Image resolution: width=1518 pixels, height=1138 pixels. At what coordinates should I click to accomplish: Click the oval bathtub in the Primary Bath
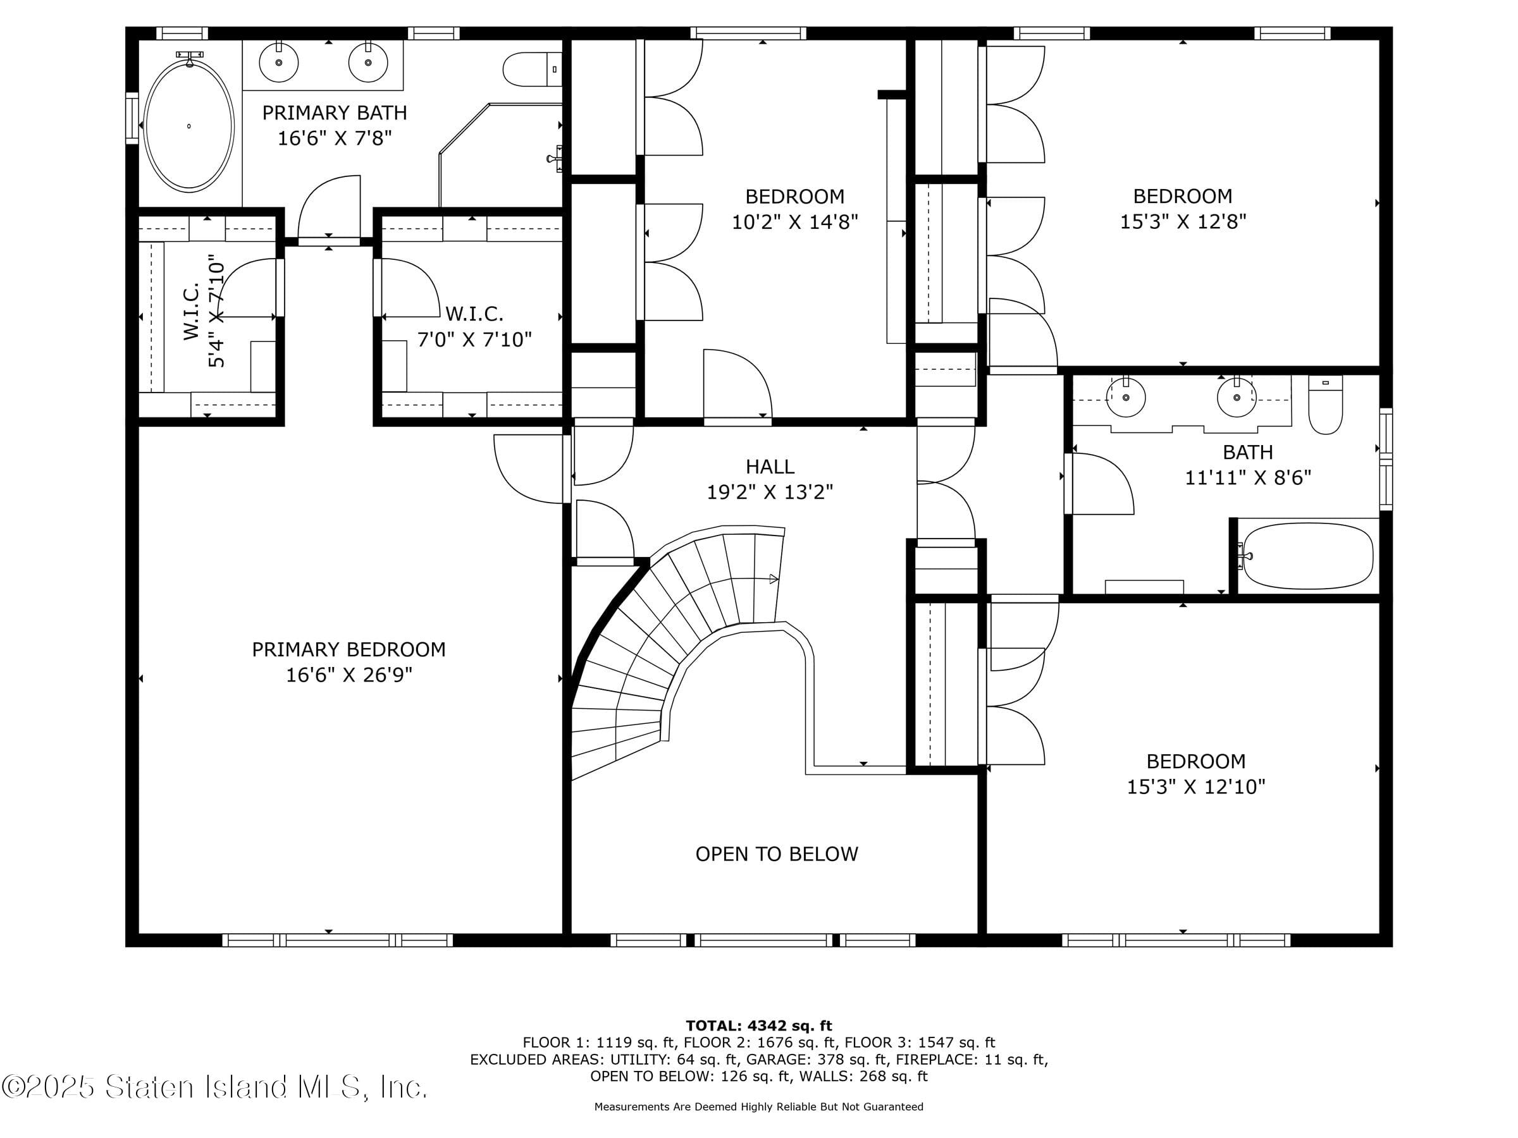pyautogui.click(x=188, y=126)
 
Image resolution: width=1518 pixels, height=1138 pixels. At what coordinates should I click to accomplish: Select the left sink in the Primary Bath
pyautogui.click(x=279, y=63)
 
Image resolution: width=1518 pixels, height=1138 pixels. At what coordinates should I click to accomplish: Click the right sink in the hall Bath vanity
pyautogui.click(x=1236, y=397)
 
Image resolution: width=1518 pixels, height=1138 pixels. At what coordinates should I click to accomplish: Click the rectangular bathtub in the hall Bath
pyautogui.click(x=1307, y=556)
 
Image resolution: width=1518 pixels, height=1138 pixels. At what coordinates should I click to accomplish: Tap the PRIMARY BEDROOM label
pyautogui.click(x=349, y=649)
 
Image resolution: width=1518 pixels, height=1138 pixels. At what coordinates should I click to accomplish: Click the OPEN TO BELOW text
pyautogui.click(x=776, y=854)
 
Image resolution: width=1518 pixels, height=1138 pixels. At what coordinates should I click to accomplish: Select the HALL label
pyautogui.click(x=770, y=467)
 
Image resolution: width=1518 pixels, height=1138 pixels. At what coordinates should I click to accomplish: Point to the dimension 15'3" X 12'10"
pyautogui.click(x=1195, y=786)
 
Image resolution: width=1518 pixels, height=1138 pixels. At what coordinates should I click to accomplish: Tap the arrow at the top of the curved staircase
pyautogui.click(x=774, y=579)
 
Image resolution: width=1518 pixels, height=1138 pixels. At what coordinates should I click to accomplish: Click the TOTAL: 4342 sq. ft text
pyautogui.click(x=758, y=1026)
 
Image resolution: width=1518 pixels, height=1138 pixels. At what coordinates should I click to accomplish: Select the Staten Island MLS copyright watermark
pyautogui.click(x=214, y=1087)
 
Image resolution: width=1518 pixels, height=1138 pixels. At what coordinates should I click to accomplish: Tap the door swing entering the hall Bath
pyautogui.click(x=1098, y=484)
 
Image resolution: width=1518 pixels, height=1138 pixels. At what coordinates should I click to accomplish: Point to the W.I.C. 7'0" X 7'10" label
pyautogui.click(x=474, y=326)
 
